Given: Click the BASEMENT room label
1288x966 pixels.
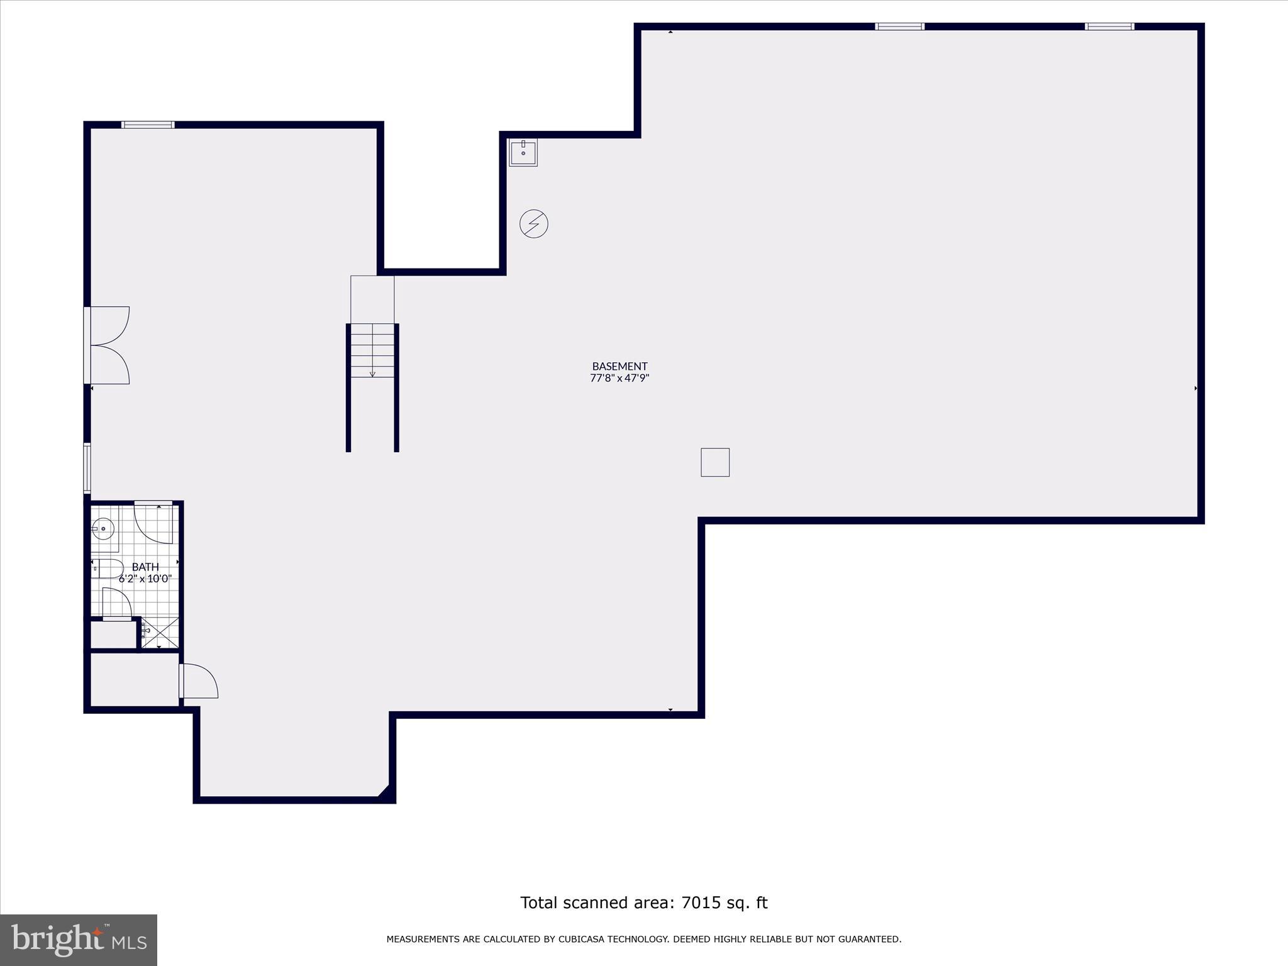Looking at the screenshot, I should (619, 366).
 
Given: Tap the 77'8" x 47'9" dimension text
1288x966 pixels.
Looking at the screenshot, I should (619, 378).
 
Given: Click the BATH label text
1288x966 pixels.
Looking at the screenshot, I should (145, 567).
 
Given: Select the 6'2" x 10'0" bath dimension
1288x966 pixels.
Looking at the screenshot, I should (145, 579).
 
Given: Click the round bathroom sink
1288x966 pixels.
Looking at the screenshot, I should (103, 529).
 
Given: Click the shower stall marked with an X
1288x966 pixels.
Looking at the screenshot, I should (160, 633).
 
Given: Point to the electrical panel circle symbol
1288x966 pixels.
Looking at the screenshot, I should (534, 223).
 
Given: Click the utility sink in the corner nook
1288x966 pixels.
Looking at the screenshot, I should (523, 152).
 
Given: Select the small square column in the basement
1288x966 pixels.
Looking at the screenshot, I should (715, 462).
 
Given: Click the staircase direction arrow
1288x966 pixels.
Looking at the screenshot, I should (372, 371).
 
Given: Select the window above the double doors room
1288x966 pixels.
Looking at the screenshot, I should (148, 125).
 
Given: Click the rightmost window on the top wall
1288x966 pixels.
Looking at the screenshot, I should (1109, 26).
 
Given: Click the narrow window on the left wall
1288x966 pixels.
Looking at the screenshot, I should (87, 468).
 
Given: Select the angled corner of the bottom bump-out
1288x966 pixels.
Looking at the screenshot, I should (384, 791).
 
